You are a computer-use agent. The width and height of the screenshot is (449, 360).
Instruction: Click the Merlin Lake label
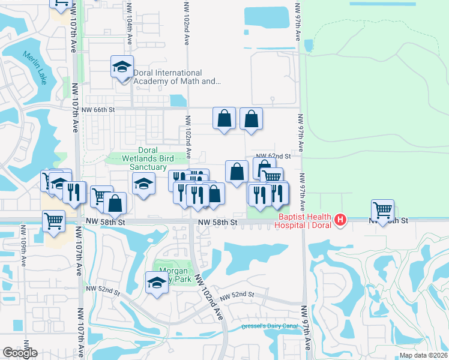[34, 68]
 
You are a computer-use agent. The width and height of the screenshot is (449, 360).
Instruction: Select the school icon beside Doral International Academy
[122, 67]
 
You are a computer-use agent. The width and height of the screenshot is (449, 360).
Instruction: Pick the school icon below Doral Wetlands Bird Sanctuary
[143, 185]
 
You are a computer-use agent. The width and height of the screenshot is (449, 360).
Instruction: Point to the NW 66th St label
[98, 110]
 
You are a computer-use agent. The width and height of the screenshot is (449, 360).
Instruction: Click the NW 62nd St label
[274, 156]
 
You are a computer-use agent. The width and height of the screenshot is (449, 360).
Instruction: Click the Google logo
[20, 353]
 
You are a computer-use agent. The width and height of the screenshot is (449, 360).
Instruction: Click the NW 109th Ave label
[23, 245]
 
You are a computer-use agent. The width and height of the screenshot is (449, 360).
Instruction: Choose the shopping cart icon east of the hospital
[384, 210]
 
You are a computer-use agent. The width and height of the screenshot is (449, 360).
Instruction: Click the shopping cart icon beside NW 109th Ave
[54, 221]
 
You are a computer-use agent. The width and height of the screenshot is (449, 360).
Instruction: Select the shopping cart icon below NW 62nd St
[272, 176]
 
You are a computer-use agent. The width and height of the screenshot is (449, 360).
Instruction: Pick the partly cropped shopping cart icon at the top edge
[61, 4]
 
